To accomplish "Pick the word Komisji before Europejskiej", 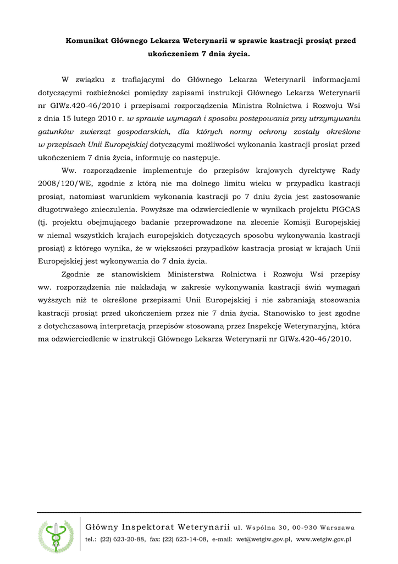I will tap(295, 222).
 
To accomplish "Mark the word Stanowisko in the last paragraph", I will tap(291, 313).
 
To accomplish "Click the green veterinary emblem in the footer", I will tap(56, 536).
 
